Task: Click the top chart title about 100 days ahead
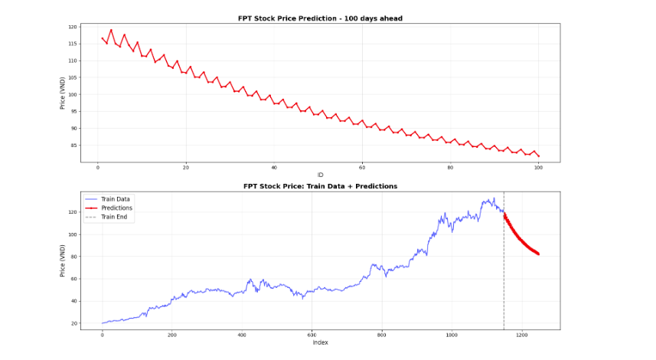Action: (320, 18)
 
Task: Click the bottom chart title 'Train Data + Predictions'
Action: (320, 186)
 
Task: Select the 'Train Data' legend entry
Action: (116, 199)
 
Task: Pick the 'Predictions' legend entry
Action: (116, 208)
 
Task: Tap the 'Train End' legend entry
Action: (114, 217)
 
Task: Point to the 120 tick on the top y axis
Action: (73, 27)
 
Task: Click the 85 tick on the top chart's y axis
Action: (73, 145)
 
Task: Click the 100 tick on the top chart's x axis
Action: (538, 167)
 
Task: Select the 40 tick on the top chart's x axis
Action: (274, 167)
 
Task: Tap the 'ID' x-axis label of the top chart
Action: (320, 175)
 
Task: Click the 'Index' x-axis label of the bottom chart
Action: (320, 342)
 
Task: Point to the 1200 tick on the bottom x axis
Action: (521, 335)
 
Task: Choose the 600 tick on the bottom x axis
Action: (312, 335)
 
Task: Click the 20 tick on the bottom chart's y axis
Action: (73, 323)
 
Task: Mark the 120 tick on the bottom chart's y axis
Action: (73, 212)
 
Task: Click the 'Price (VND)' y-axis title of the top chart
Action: (63, 93)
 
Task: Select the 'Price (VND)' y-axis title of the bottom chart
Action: (63, 260)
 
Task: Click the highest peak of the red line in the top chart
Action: (111, 30)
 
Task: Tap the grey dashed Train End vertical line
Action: (504, 268)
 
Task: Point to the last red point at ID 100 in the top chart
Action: (538, 156)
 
